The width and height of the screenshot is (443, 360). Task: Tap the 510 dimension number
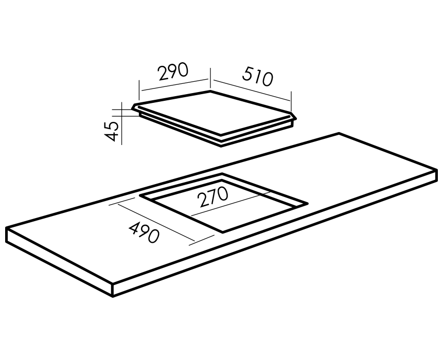258,76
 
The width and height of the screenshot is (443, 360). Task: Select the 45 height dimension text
112,132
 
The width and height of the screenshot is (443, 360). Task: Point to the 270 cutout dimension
213,196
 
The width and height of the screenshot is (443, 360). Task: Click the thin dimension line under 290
175,85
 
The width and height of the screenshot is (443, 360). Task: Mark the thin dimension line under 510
252,90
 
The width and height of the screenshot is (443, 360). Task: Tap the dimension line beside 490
156,223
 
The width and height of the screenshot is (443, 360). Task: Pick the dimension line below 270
231,204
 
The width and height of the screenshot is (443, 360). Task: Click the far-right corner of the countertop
437,170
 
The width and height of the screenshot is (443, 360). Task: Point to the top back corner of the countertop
339,133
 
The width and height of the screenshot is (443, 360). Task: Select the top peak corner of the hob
210,91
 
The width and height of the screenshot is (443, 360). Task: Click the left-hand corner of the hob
133,109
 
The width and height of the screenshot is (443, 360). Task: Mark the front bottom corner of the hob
221,146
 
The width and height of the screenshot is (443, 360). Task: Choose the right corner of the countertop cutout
307,203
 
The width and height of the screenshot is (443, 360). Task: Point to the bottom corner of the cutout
223,232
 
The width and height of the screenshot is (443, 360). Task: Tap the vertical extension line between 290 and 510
210,78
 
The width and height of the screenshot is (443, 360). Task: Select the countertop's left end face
59,262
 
